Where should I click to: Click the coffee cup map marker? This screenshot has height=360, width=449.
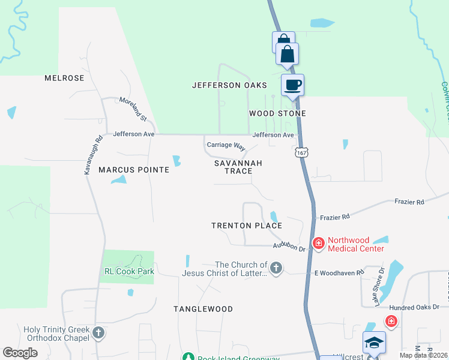coord(292,85)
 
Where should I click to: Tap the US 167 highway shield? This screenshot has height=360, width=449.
coord(301,152)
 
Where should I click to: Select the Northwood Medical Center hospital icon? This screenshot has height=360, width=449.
coord(318,243)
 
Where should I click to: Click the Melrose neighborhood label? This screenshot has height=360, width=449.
coord(64,79)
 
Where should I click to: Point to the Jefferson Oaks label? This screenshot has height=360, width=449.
coord(229,86)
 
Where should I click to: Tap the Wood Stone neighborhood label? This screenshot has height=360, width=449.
coord(277,113)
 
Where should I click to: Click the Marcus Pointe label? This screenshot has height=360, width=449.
coord(134,170)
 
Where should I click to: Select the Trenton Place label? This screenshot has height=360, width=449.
coord(247,226)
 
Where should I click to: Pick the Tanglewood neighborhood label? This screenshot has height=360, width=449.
coord(203,309)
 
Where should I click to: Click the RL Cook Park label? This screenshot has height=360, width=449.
coord(129,271)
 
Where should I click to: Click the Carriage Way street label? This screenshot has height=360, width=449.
coord(227,146)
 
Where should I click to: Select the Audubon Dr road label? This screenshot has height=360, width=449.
coord(289,246)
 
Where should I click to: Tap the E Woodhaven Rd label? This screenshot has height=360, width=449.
coord(340,272)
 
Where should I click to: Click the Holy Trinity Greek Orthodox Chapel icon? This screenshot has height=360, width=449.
coord(98,332)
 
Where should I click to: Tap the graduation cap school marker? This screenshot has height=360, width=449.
coord(374,343)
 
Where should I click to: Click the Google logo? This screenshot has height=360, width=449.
coord(20,353)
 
